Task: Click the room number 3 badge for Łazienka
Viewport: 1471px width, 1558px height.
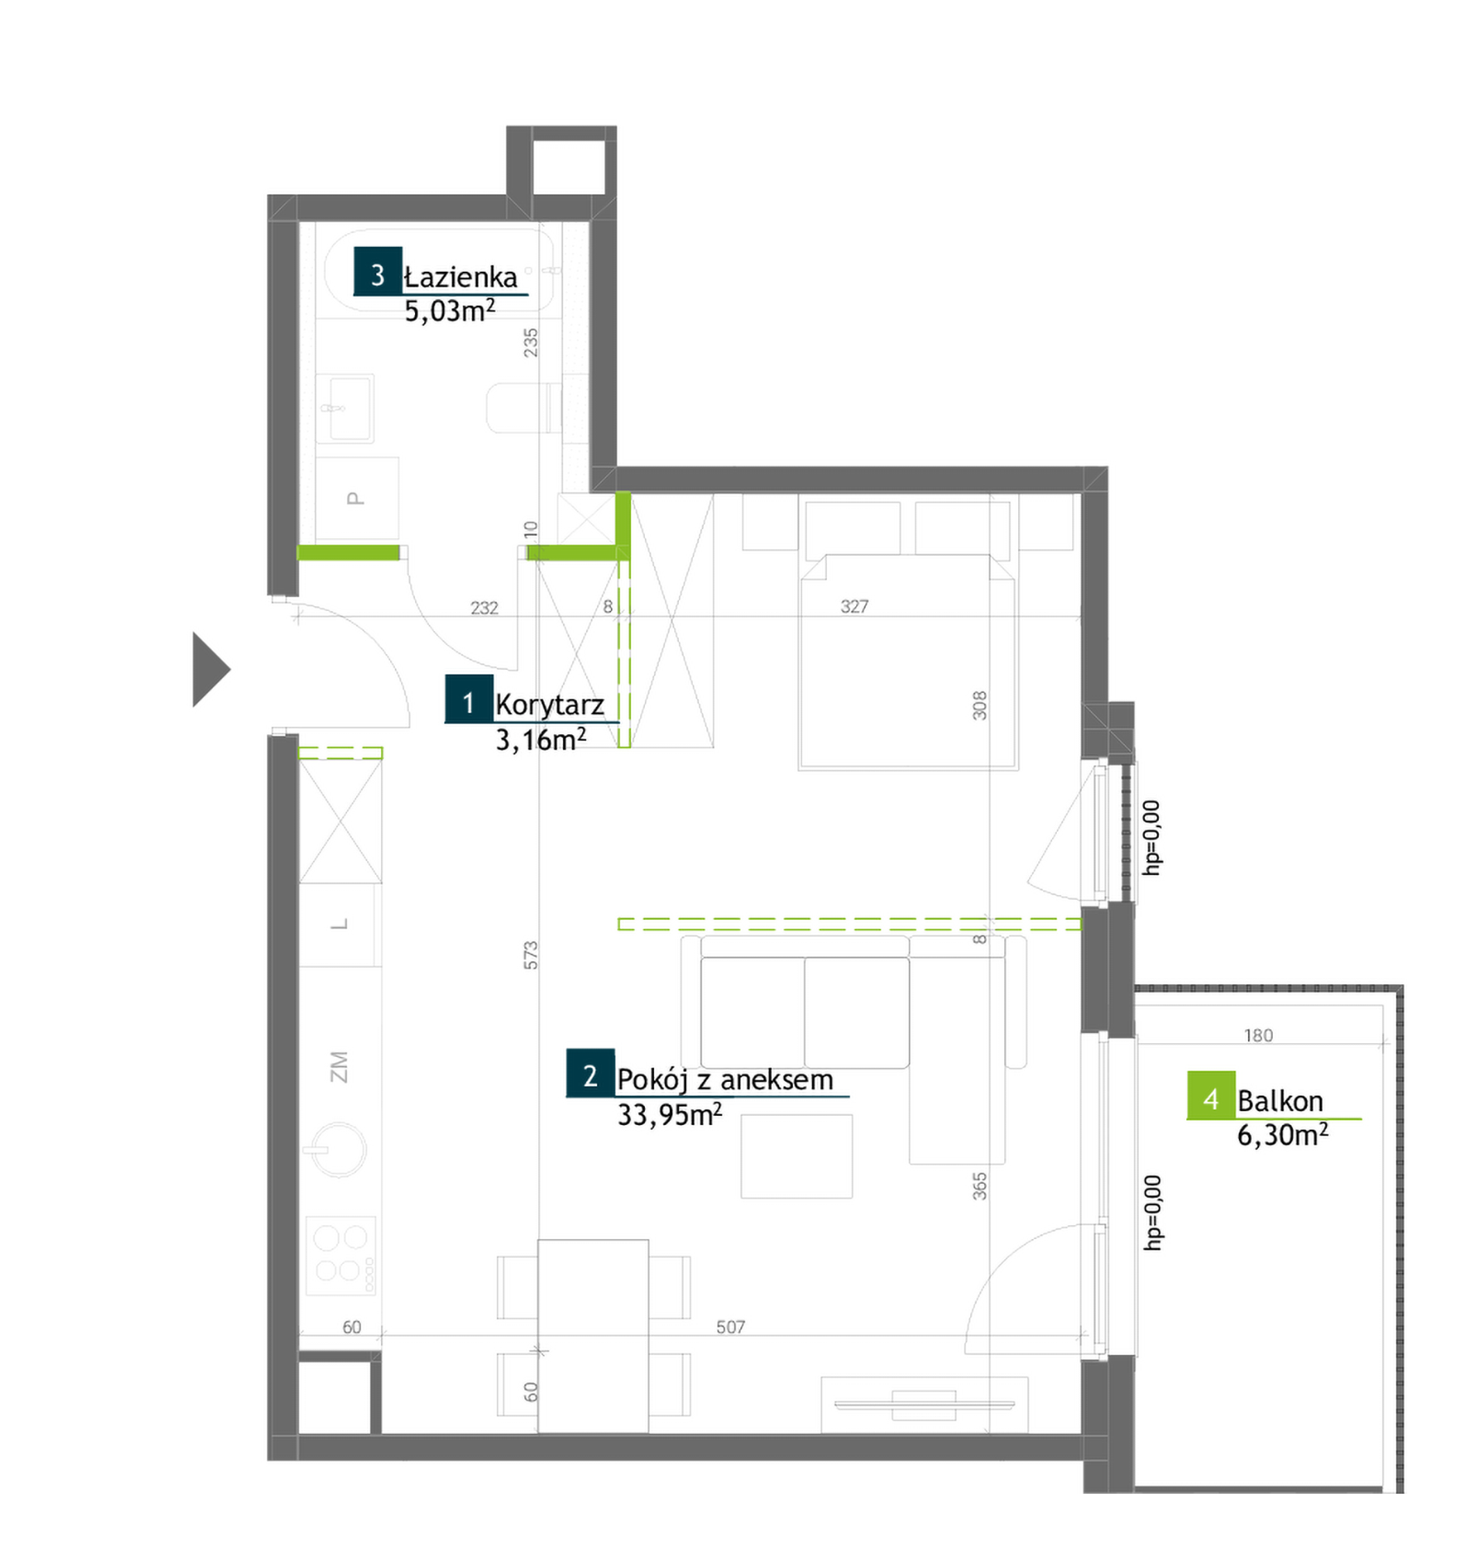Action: pyautogui.click(x=378, y=271)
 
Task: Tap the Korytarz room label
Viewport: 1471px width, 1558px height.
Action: pyautogui.click(x=550, y=705)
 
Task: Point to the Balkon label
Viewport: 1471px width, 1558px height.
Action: pyautogui.click(x=1281, y=1102)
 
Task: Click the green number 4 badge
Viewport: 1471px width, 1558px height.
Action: pyautogui.click(x=1212, y=1095)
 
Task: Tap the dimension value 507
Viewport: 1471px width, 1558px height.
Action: pyautogui.click(x=730, y=1326)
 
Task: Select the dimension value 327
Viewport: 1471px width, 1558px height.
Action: pyautogui.click(x=854, y=606)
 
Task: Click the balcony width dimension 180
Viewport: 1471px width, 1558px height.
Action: pyautogui.click(x=1258, y=1035)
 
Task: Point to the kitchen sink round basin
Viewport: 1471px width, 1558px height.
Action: pyautogui.click(x=339, y=1150)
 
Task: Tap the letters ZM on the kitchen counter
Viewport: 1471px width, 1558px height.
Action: pyautogui.click(x=339, y=1066)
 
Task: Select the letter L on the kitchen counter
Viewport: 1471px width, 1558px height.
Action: pyautogui.click(x=340, y=925)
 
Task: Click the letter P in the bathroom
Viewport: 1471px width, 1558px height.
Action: pyautogui.click(x=355, y=498)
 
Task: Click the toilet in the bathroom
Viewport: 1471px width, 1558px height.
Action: pyautogui.click(x=525, y=408)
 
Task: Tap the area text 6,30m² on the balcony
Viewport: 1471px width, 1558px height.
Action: pyautogui.click(x=1283, y=1134)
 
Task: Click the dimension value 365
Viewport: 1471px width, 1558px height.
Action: pyautogui.click(x=979, y=1186)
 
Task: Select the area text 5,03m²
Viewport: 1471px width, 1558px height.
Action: pyautogui.click(x=450, y=311)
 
